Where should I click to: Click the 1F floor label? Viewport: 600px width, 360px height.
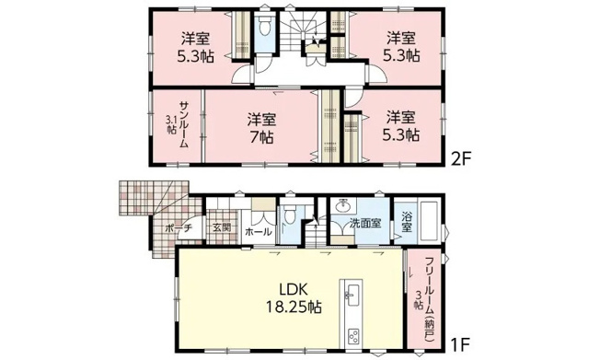(x=459, y=345)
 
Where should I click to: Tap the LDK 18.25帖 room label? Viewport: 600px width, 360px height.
(x=294, y=298)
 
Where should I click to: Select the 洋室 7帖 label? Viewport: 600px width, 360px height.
(x=261, y=128)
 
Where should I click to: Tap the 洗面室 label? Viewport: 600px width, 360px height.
(x=366, y=224)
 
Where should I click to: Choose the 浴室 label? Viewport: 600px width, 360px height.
(x=407, y=222)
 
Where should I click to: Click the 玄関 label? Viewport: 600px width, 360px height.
(x=223, y=227)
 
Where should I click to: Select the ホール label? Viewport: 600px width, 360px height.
(x=259, y=232)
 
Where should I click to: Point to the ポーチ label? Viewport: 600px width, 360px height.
(x=178, y=228)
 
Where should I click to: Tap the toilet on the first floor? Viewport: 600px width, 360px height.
(x=289, y=215)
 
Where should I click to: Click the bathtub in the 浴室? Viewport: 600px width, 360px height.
(x=430, y=219)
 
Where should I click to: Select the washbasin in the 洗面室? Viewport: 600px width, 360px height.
(x=343, y=205)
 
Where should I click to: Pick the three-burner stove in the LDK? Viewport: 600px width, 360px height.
(x=352, y=337)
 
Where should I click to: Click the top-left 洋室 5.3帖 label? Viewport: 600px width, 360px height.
(x=196, y=48)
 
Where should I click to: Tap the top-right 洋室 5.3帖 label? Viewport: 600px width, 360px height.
(x=401, y=48)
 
